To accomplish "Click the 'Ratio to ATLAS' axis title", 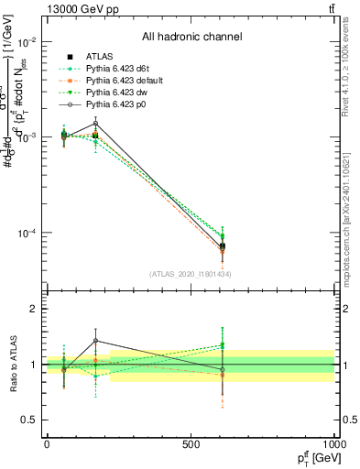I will point(10,365).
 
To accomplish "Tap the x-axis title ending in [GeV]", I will point(313,459).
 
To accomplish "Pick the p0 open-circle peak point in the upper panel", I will point(95,124).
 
